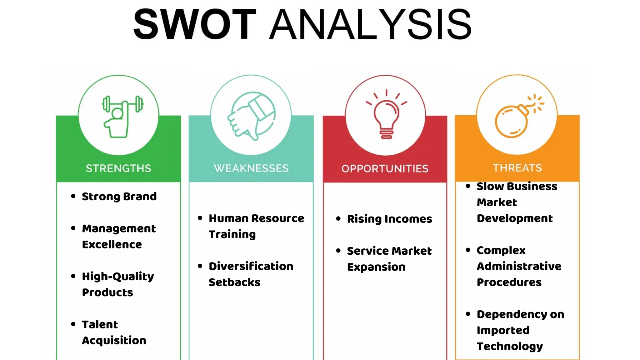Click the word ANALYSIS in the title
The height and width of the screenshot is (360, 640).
click(x=370, y=24)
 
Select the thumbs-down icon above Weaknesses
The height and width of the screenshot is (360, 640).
click(x=252, y=116)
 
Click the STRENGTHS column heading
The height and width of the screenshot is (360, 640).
click(x=118, y=168)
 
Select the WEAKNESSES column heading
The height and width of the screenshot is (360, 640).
click(x=251, y=168)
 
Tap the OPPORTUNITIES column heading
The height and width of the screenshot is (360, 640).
click(x=385, y=169)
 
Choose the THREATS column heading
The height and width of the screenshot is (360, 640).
click(x=517, y=168)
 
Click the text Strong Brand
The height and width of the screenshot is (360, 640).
click(x=119, y=197)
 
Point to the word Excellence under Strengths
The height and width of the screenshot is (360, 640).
click(x=112, y=244)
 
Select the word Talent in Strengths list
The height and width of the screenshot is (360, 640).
click(x=100, y=324)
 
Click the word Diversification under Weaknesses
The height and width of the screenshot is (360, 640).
click(x=251, y=266)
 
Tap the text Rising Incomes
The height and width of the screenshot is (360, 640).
click(x=389, y=219)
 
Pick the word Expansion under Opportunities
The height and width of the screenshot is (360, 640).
click(x=376, y=267)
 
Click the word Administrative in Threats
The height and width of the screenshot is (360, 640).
click(x=519, y=266)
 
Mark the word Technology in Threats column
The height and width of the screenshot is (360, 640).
click(x=510, y=346)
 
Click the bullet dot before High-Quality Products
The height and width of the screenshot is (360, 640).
click(x=73, y=276)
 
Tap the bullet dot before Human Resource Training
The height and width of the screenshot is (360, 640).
click(x=200, y=218)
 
